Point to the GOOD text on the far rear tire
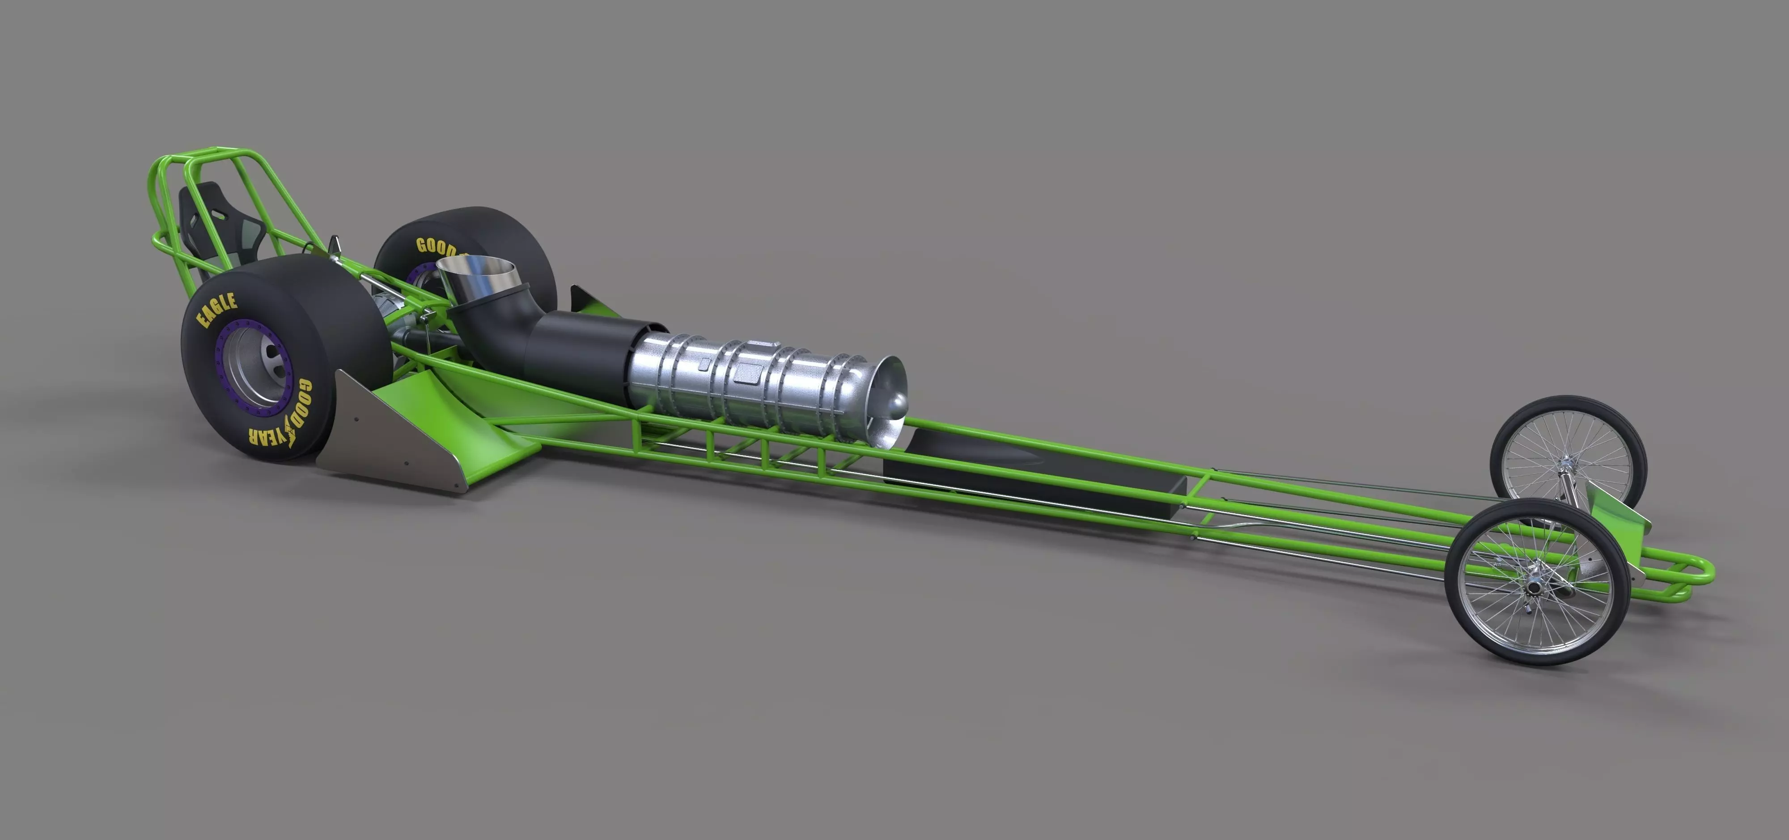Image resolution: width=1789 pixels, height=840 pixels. tap(436, 247)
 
